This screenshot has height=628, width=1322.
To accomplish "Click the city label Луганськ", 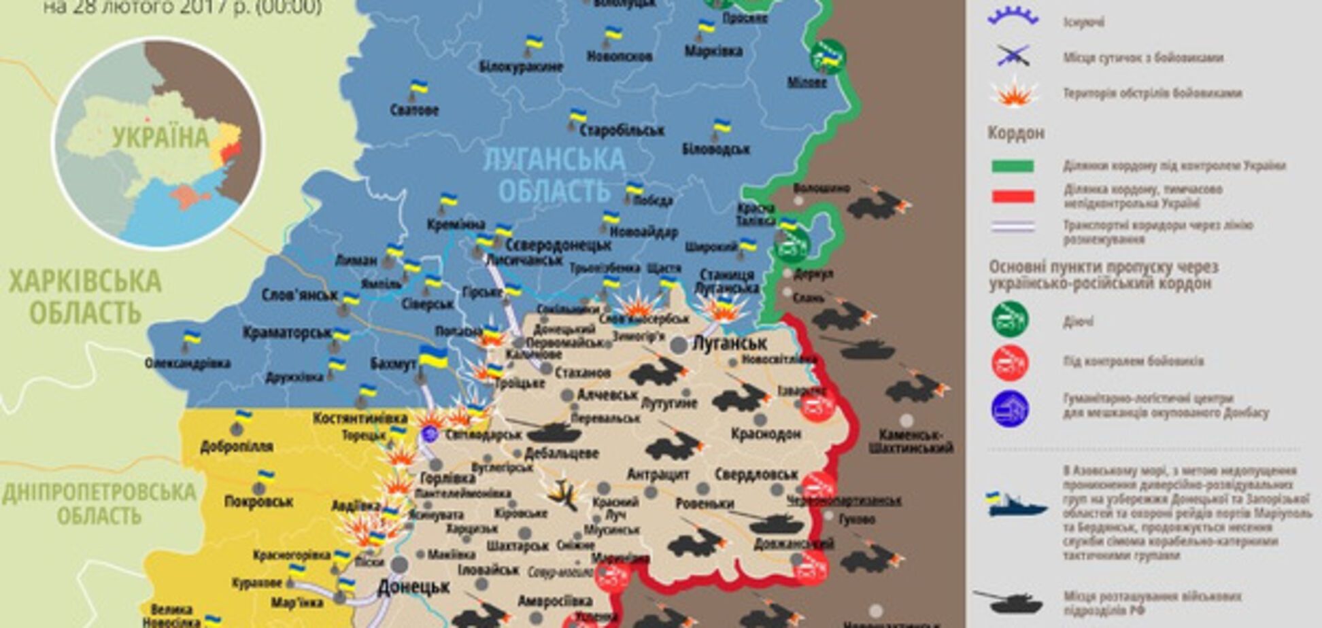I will pos(729,343).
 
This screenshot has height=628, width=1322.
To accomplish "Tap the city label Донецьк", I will pos(413,586).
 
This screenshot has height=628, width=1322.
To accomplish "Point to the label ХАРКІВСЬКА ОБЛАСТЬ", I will pos(85,297).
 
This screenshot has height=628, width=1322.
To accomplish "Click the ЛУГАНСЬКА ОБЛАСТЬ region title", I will pos(554,175).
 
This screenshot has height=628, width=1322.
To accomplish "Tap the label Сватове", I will pos(414,110).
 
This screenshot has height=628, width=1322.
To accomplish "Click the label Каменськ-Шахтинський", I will pos(910,441).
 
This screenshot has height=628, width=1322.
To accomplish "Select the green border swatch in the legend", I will pos(1013,166).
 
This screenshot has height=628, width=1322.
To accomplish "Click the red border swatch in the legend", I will pos(1013,196).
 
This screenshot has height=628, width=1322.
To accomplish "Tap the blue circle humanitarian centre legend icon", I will pos(1010,408).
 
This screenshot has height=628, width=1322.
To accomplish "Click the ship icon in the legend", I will pos(1016,504).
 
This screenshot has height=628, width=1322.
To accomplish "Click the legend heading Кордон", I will pos(1015,133).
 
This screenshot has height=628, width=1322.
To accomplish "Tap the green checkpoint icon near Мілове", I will pos(828,57).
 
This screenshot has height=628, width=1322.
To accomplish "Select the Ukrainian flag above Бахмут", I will pos(433,357).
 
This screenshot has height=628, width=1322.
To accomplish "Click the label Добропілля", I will pos(236,447).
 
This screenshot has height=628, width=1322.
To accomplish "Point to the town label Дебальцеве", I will pos(561,453).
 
